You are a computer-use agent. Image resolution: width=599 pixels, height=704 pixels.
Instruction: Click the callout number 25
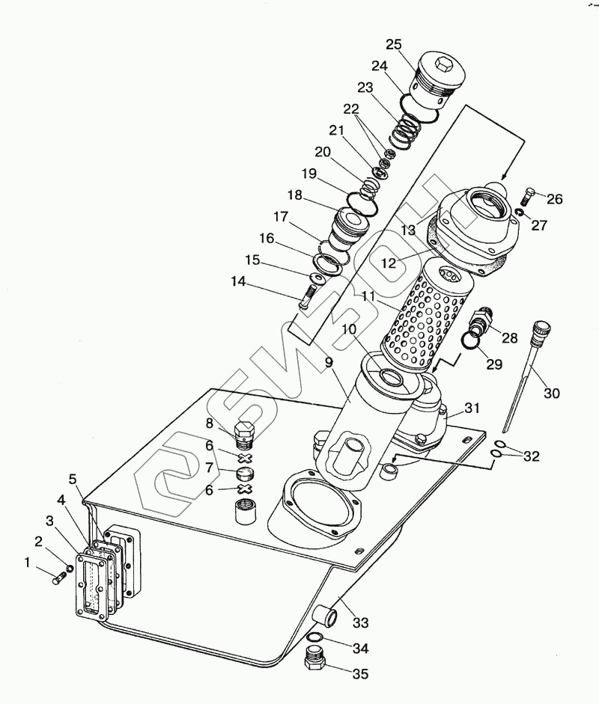coord(394,44)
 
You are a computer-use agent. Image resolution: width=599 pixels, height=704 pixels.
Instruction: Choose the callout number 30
coord(552,394)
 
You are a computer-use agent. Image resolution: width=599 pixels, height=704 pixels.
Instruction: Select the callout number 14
coord(238,281)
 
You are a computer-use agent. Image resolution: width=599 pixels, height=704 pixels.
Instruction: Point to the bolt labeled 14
coord(306,297)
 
